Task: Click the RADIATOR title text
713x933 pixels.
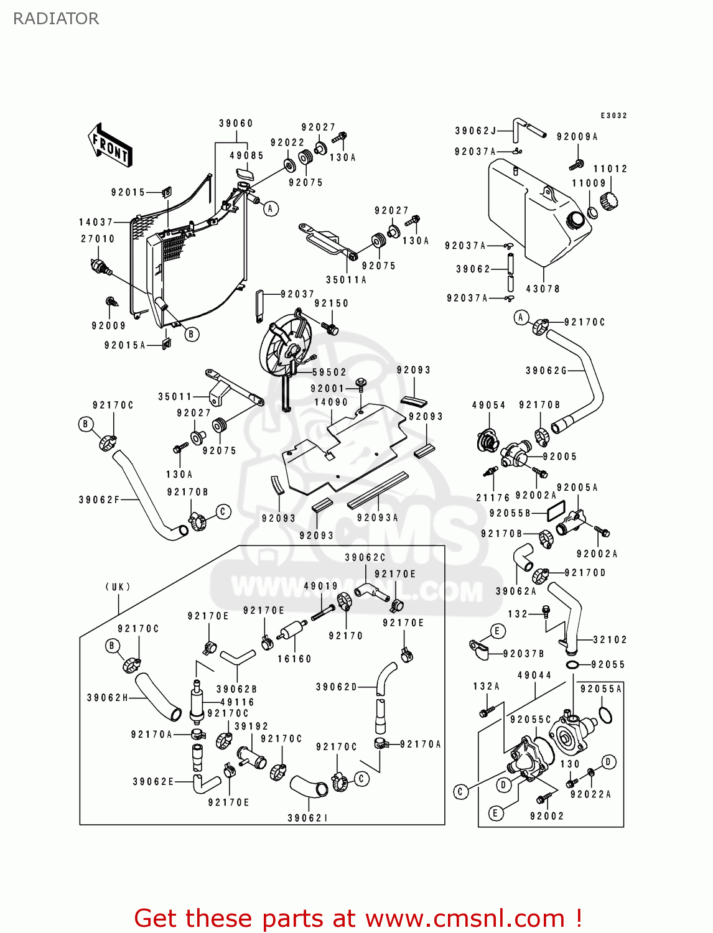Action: pos(56,19)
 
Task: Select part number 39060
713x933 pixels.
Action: pos(236,123)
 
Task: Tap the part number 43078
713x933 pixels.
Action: pos(543,289)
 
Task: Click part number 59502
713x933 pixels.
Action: pos(329,372)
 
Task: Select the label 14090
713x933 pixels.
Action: pos(331,402)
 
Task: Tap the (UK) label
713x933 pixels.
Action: pos(118,587)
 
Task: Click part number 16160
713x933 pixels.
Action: pos(294,659)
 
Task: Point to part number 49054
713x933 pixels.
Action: pos(488,405)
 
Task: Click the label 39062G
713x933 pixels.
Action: pos(546,371)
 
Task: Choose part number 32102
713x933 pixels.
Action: pos(610,639)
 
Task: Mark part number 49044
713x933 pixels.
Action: pos(534,675)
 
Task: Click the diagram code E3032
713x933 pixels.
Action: pos(613,116)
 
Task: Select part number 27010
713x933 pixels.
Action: pos(98,239)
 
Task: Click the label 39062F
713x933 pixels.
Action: pos(99,499)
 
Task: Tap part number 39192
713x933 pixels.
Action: pos(251,726)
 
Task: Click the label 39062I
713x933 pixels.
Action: pos(307,818)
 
